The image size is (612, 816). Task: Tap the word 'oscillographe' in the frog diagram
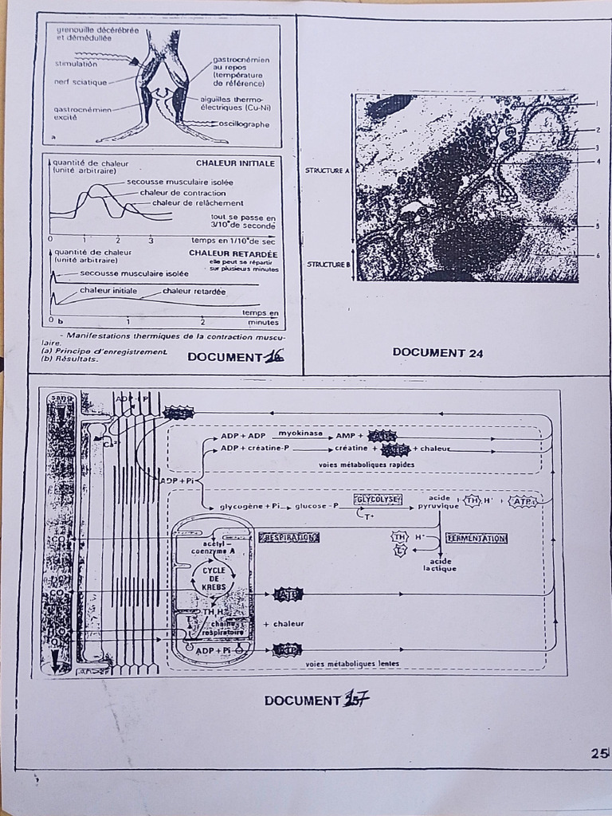(246, 124)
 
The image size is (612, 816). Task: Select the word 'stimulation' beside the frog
(76, 63)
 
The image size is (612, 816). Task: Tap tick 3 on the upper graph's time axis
(151, 239)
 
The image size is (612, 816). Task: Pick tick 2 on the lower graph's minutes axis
(202, 322)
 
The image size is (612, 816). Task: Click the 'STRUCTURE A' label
(327, 171)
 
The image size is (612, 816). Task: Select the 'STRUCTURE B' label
(328, 264)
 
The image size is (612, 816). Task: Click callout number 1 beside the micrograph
(596, 104)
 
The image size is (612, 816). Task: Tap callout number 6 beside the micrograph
(596, 255)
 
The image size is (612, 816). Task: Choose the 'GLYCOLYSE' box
(378, 500)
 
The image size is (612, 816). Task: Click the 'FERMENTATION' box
(477, 538)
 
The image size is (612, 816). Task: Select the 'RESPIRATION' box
(289, 537)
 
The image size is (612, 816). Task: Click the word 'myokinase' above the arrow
(300, 433)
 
